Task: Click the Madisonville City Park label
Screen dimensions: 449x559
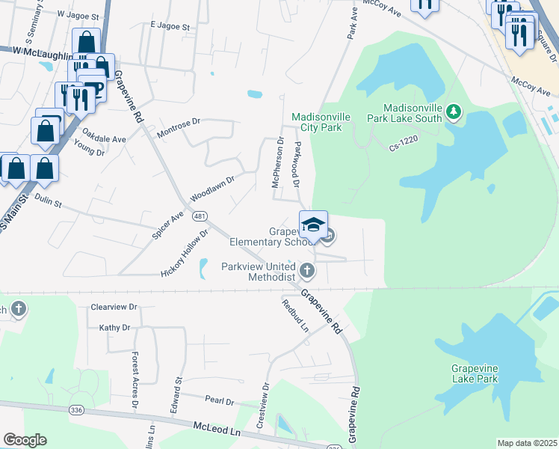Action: (316, 122)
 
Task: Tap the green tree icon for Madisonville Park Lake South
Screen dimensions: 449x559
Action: (453, 113)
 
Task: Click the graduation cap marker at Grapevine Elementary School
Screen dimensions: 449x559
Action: (314, 223)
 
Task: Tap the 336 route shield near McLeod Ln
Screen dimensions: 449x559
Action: (75, 410)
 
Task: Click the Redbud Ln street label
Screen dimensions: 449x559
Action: (295, 316)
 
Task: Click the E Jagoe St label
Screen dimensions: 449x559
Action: (170, 25)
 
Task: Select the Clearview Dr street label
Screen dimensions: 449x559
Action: (114, 307)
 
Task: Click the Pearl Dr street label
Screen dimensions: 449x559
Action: (220, 401)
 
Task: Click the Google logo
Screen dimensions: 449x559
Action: (25, 440)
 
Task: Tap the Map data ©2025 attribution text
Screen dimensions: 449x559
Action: (527, 443)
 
